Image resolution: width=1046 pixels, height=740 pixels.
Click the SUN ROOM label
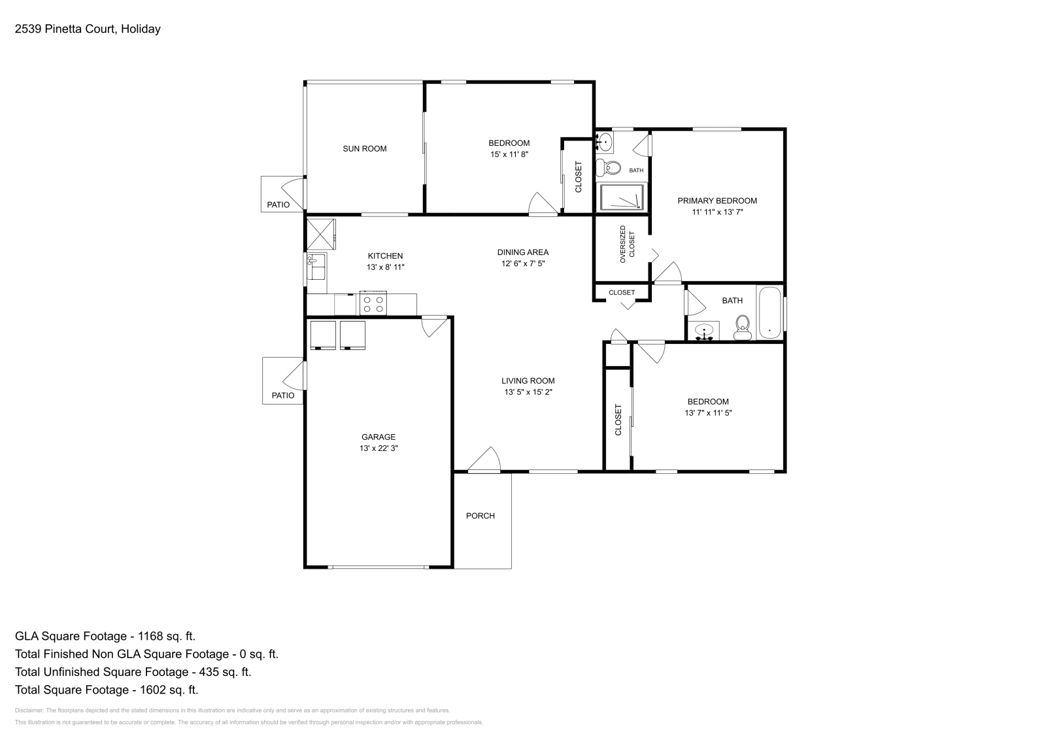click(364, 148)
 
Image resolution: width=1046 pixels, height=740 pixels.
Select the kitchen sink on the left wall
click(316, 268)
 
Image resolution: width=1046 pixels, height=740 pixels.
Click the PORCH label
click(480, 516)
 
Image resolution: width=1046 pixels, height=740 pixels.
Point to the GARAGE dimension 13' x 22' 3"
click(379, 448)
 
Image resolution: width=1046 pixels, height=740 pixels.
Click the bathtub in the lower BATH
click(769, 312)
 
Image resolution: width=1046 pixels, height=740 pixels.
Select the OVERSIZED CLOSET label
click(627, 244)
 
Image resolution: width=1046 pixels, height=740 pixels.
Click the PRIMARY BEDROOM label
click(717, 201)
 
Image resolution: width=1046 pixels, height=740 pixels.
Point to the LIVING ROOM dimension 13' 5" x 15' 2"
click(528, 392)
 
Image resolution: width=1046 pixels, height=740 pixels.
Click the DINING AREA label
click(522, 252)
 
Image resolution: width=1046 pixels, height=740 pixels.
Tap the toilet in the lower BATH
click(743, 328)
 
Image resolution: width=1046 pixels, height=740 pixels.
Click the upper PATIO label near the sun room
click(278, 205)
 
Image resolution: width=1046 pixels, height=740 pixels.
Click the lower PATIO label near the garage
click(282, 395)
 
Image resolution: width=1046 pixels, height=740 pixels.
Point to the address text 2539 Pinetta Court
click(87, 29)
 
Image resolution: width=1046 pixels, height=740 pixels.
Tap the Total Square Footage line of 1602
click(106, 690)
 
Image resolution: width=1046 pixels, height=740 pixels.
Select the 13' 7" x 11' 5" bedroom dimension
click(707, 413)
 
